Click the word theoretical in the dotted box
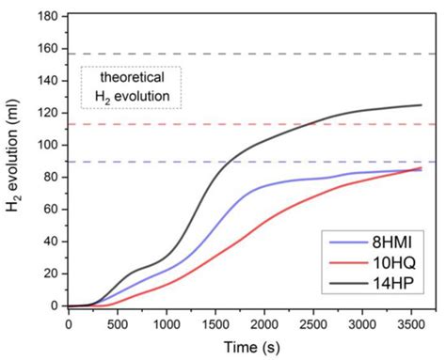pyautogui.click(x=130, y=79)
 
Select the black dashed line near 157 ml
pyautogui.click(x=282, y=54)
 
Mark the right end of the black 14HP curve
pyautogui.click(x=421, y=105)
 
